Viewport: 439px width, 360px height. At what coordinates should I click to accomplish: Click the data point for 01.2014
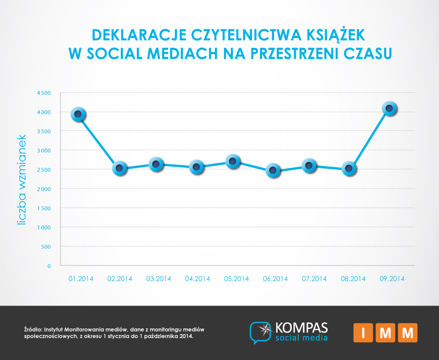coord(78,114)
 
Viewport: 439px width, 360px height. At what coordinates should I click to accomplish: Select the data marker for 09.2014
coord(389,108)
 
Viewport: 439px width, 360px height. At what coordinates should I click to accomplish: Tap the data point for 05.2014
coord(233,161)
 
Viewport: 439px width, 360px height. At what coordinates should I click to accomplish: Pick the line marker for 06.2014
coord(273,170)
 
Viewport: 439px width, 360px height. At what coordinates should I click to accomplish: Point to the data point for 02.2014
coord(119,168)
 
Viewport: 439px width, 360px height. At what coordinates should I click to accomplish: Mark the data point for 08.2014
coord(349,169)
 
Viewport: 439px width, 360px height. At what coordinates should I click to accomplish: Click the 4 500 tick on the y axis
coord(44,93)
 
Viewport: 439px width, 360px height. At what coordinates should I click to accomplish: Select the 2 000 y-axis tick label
coord(44,189)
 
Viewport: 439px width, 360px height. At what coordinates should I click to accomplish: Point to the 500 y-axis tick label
coord(46,247)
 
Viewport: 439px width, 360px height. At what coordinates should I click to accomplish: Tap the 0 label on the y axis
coord(49,266)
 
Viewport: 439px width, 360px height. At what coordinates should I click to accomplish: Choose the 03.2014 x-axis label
coord(159,279)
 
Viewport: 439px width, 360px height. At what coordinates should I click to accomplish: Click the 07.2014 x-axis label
coord(314,279)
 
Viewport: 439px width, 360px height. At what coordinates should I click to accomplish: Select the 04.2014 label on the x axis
coord(198,279)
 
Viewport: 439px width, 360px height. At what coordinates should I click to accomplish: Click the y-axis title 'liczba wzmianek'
coord(21,180)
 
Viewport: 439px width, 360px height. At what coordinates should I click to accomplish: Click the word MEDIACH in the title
coord(182,54)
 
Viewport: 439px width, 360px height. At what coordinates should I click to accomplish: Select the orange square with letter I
coord(363,333)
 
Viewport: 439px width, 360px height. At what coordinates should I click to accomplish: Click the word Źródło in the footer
coord(33,329)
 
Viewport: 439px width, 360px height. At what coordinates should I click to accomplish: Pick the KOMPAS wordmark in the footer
coord(301,328)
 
